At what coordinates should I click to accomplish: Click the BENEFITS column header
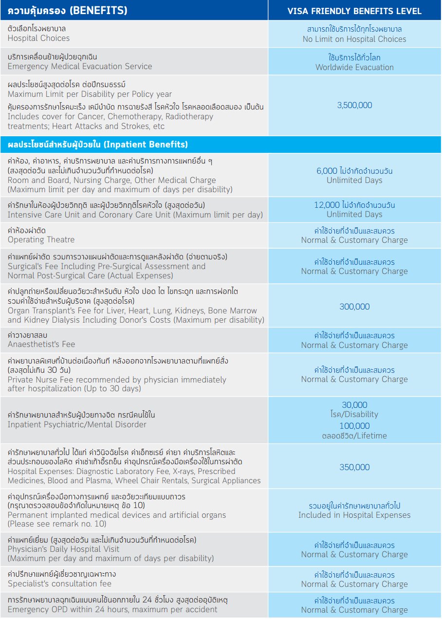(x=68, y=10)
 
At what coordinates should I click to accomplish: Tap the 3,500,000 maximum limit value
(x=354, y=105)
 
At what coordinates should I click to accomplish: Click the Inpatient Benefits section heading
(x=98, y=145)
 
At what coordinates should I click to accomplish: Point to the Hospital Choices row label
(x=39, y=38)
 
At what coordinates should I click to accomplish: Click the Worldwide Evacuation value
(x=354, y=67)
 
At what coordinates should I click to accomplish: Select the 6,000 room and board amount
(x=327, y=171)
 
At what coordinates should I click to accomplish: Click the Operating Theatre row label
(x=41, y=239)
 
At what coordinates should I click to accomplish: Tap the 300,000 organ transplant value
(x=354, y=307)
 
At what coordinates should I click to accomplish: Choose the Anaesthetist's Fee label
(x=41, y=344)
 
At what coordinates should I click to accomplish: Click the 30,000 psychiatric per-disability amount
(x=354, y=405)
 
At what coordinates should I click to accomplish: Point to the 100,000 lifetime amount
(x=354, y=426)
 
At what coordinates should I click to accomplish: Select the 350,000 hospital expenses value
(x=354, y=467)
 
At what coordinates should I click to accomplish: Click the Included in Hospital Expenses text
(x=354, y=515)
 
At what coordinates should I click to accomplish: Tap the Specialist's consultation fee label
(x=59, y=583)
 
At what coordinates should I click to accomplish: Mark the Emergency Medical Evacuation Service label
(x=80, y=66)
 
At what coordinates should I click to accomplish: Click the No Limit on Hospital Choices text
(x=354, y=39)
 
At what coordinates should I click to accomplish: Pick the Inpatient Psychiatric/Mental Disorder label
(x=77, y=424)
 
